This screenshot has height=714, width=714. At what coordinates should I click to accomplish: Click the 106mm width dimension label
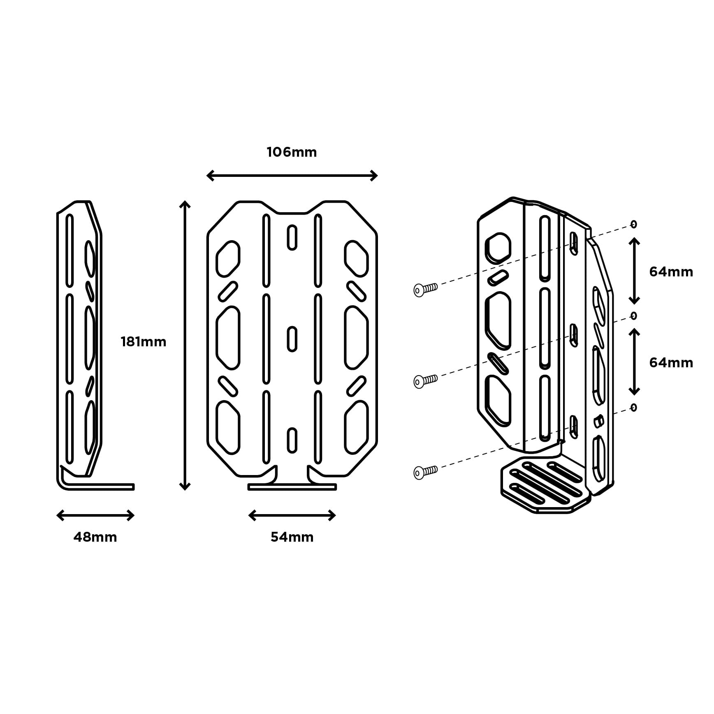[x=292, y=153]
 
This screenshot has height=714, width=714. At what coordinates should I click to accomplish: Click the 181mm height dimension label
[x=143, y=342]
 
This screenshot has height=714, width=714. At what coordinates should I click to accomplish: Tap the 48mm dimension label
[x=95, y=537]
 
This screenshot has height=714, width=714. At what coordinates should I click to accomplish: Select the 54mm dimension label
[x=292, y=537]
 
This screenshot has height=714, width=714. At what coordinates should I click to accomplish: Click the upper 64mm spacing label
[x=671, y=272]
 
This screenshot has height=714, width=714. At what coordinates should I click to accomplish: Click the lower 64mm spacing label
[x=671, y=363]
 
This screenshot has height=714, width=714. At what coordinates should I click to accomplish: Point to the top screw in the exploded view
[x=425, y=290]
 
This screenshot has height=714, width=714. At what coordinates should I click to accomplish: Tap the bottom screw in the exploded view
[x=425, y=472]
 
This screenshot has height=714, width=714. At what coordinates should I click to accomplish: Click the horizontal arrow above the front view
[x=292, y=176]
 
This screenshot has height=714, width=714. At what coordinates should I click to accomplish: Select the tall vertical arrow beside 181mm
[x=185, y=345]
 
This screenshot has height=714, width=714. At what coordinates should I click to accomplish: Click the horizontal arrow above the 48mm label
[x=95, y=515]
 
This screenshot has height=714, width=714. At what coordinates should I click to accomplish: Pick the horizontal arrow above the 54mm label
[x=292, y=515]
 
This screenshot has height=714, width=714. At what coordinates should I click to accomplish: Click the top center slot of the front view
[x=292, y=237]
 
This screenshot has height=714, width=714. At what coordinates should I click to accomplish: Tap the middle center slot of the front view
[x=292, y=339]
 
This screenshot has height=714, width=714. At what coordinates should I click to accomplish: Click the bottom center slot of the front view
[x=292, y=440]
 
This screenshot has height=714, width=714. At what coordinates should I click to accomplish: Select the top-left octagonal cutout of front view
[x=228, y=259]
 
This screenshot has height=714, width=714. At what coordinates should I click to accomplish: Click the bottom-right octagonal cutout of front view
[x=356, y=428]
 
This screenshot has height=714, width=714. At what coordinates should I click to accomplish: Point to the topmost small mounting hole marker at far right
[x=633, y=224]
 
